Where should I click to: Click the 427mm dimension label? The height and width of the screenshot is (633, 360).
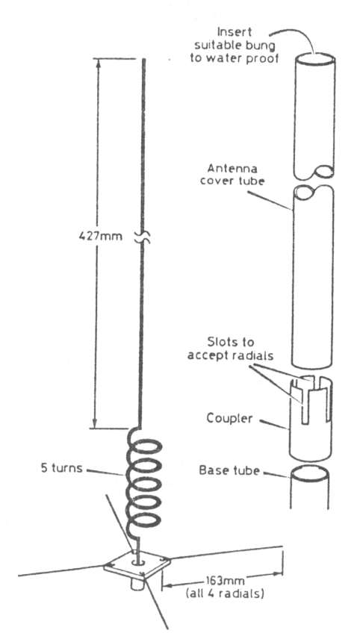[x=100, y=236]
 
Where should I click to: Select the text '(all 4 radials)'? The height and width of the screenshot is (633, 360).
[x=225, y=594]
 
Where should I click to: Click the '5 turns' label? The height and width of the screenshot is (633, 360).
[x=61, y=468]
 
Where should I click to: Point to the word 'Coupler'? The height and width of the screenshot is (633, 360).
[x=229, y=418]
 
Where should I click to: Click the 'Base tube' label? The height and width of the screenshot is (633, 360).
[x=229, y=470]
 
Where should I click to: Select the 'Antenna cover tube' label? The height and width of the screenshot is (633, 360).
[x=232, y=174]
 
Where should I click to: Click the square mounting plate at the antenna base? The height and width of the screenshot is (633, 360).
[x=137, y=564]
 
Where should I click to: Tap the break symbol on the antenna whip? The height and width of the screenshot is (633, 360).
[x=142, y=238]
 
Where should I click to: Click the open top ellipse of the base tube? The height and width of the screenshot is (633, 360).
[x=309, y=473]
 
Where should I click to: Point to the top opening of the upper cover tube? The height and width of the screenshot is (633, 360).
[x=314, y=60]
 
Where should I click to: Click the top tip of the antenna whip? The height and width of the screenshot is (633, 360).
[x=144, y=60]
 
